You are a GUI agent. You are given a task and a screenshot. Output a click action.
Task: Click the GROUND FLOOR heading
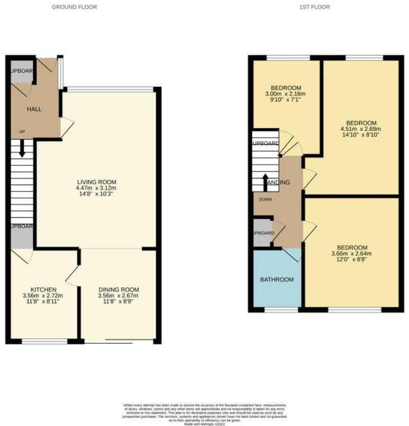[x=74, y=7]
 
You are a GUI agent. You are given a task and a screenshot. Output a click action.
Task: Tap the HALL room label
[x=34, y=109]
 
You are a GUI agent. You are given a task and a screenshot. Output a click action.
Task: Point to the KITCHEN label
[x=44, y=290]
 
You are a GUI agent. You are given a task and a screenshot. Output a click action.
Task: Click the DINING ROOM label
[x=119, y=290]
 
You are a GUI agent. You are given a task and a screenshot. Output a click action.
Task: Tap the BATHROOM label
[x=277, y=280]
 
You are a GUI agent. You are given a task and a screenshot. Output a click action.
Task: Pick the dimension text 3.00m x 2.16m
[x=286, y=94]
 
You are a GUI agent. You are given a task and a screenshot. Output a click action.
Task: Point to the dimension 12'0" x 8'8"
[x=352, y=259]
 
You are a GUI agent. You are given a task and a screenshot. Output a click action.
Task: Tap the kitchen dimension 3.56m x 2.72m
[x=44, y=296]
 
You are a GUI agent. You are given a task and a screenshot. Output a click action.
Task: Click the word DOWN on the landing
[x=265, y=199]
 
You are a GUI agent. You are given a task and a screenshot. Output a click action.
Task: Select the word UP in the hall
[x=22, y=131]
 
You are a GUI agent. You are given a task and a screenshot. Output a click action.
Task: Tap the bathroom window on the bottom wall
[x=281, y=310]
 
